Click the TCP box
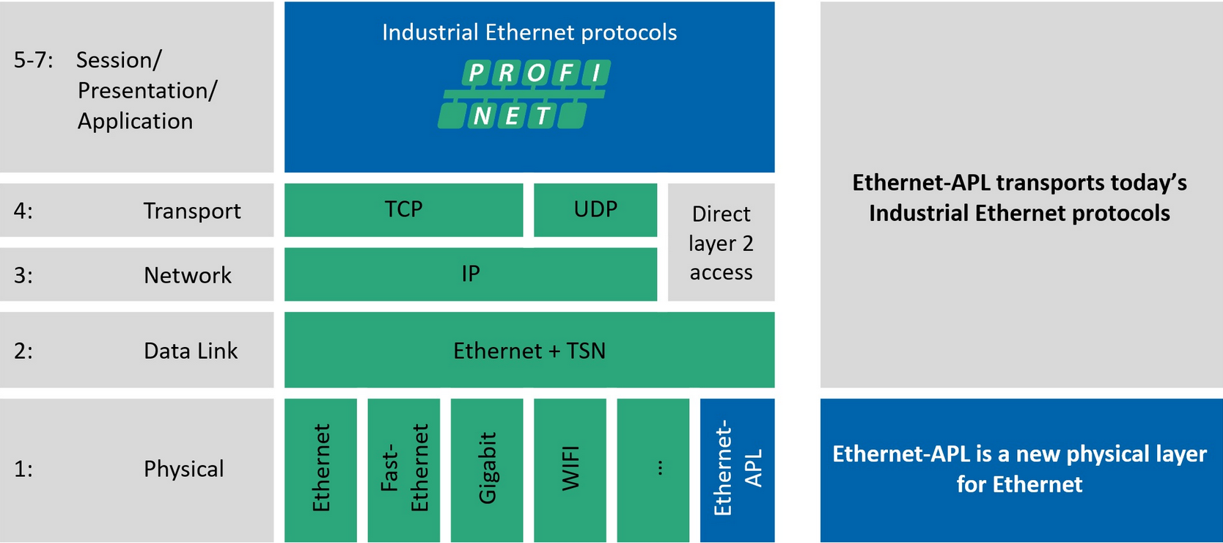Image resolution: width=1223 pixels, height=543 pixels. [403, 210]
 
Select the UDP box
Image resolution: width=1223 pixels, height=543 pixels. [595, 210]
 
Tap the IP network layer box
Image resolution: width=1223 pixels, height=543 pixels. [471, 274]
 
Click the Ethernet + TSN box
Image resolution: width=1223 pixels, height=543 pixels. [529, 349]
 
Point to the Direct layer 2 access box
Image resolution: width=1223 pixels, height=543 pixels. [721, 242]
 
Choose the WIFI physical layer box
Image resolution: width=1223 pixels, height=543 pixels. [570, 470]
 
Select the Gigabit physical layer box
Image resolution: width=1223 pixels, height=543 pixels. [486, 470]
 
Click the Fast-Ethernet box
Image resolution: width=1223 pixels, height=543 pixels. [403, 470]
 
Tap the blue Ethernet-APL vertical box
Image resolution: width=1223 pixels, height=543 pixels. [737, 470]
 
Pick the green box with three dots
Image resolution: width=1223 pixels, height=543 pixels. [653, 470]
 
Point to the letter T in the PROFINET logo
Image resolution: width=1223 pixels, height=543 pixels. [542, 116]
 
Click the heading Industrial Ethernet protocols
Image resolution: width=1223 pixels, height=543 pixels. [529, 32]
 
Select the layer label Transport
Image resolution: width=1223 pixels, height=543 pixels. [191, 211]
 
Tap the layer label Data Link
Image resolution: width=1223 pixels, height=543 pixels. [191, 351]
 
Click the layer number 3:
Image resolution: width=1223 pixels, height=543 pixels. [23, 275]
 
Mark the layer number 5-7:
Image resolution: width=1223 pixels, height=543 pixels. [33, 60]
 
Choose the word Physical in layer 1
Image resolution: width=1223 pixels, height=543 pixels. [183, 469]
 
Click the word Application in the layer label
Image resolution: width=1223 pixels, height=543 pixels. [135, 121]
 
